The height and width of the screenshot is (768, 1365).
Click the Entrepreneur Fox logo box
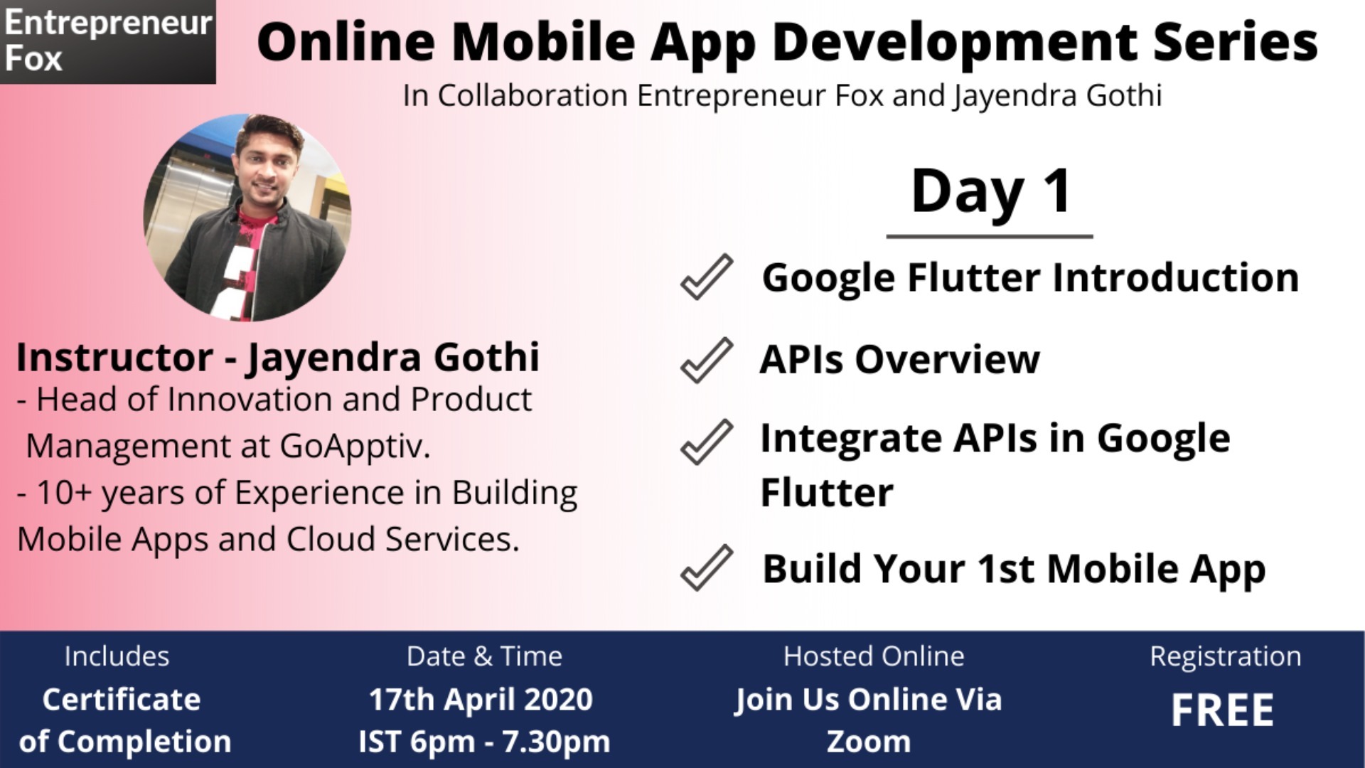pos(107,42)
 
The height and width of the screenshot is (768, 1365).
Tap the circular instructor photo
pos(247,217)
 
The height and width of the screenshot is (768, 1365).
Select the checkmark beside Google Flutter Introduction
pos(706,277)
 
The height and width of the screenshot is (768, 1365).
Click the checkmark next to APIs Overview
pos(706,360)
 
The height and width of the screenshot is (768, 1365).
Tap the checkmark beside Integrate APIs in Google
pos(706,442)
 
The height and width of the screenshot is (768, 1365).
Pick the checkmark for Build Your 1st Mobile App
pos(706,567)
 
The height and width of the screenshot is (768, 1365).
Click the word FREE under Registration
pos(1223,710)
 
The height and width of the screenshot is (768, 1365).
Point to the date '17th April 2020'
pos(481,700)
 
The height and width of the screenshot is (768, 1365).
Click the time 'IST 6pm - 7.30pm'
pos(484,742)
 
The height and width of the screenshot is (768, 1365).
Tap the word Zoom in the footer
pos(868,742)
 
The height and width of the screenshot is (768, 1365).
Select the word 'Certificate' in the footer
pos(122,700)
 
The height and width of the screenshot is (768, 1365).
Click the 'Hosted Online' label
pos(874,656)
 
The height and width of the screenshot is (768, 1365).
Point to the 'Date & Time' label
pos(484,656)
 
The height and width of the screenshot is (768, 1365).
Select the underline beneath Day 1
pos(990,235)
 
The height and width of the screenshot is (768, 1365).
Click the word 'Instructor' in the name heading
pos(114,357)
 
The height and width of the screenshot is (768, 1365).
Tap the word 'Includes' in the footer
pos(117,656)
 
